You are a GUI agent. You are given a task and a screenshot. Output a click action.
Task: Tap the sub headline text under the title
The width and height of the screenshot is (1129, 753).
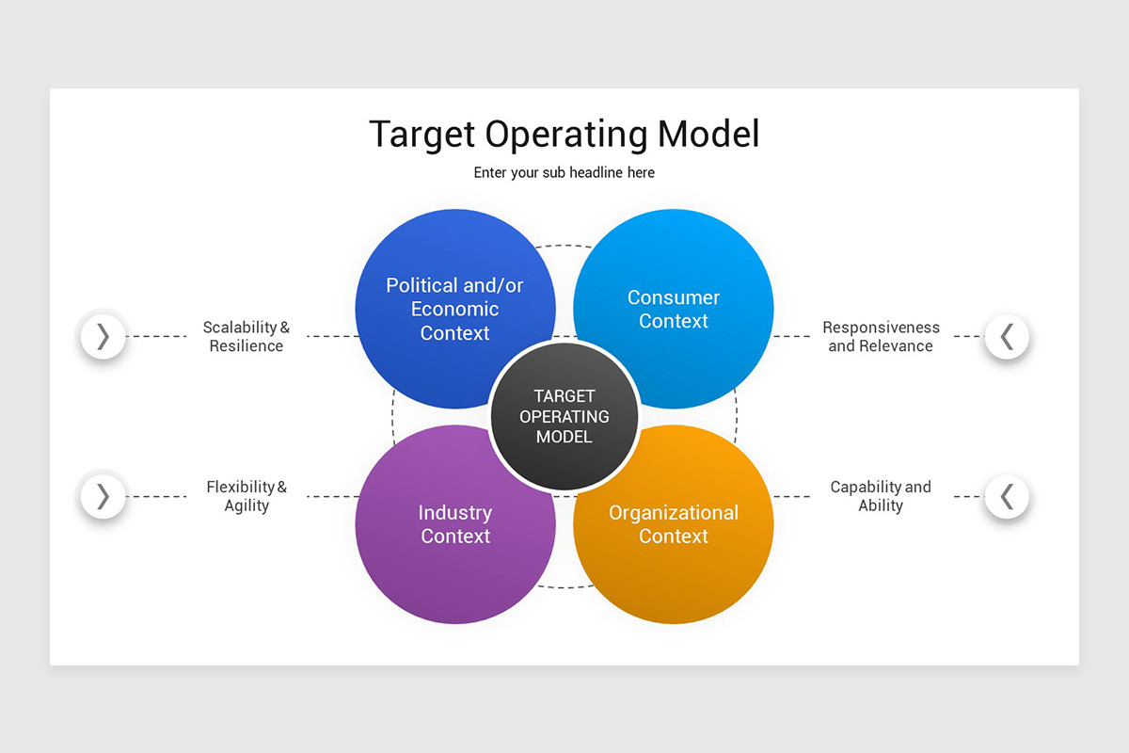point(564,172)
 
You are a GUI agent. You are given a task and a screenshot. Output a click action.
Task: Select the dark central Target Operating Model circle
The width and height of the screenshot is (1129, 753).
point(564,416)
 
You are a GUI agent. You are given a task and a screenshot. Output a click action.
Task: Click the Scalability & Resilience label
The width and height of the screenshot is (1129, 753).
point(246,336)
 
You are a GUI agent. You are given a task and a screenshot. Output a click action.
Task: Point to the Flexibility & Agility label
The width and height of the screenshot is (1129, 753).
point(246,496)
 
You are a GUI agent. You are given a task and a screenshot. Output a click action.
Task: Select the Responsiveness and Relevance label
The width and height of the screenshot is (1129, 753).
point(881,336)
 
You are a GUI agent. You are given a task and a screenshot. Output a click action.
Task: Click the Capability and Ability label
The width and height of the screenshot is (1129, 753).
point(881,496)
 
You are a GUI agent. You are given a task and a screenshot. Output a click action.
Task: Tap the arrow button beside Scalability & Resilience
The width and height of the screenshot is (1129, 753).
point(103,336)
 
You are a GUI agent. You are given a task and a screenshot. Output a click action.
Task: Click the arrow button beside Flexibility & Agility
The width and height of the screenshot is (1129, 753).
point(103,496)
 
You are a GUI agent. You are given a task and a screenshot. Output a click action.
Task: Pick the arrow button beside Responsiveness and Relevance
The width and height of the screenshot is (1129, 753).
point(1007,336)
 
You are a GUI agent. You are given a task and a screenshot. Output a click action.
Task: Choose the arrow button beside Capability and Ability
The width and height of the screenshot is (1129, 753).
point(1007,496)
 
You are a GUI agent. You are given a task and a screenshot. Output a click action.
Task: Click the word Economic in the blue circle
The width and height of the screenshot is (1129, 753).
point(454,309)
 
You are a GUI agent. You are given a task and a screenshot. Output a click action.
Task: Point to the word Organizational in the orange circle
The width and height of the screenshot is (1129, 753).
point(674,513)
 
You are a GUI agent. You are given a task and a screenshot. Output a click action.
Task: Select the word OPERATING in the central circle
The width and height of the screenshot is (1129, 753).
point(564,416)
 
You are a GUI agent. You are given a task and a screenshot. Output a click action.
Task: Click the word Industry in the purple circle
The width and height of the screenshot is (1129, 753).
point(454,513)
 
